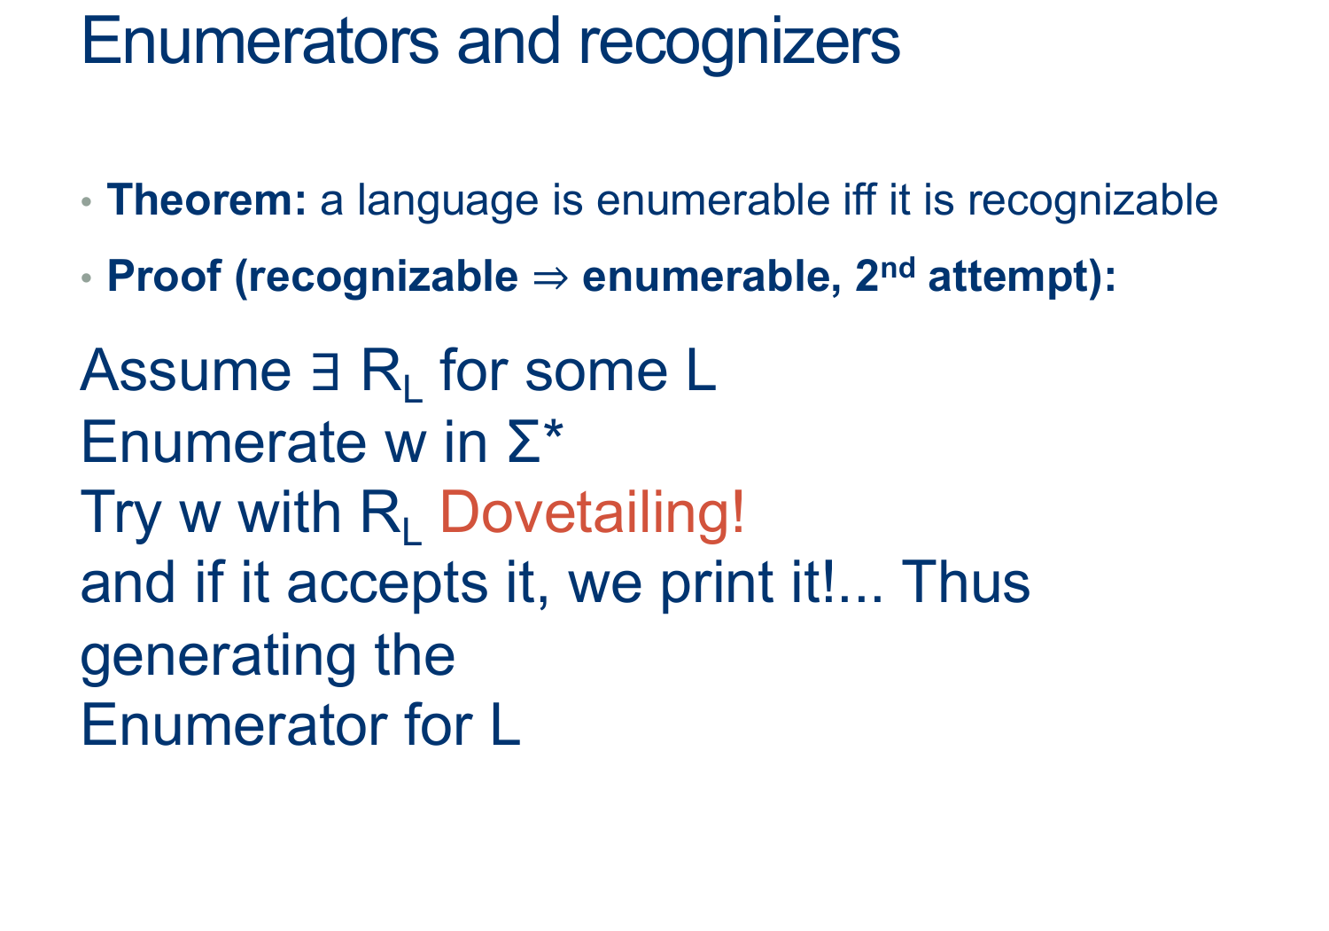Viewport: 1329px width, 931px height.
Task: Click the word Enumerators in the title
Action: click(x=260, y=42)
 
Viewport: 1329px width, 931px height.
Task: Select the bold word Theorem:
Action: click(x=206, y=200)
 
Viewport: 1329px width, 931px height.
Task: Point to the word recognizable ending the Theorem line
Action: click(x=1092, y=201)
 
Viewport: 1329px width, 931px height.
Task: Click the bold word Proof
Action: click(x=164, y=276)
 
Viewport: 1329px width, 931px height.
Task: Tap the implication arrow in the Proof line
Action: click(x=550, y=278)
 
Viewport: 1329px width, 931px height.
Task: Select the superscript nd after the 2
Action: click(x=897, y=268)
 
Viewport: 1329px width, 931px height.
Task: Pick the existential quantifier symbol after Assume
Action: click(x=325, y=371)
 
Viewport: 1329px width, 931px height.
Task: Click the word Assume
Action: click(x=186, y=371)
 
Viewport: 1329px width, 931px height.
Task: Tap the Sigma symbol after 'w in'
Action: click(x=525, y=442)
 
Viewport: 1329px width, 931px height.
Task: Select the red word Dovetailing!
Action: click(x=592, y=512)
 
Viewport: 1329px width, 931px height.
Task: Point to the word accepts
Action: click(x=387, y=585)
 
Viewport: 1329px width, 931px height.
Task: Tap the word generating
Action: click(x=218, y=658)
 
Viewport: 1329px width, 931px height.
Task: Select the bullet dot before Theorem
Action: click(x=87, y=202)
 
